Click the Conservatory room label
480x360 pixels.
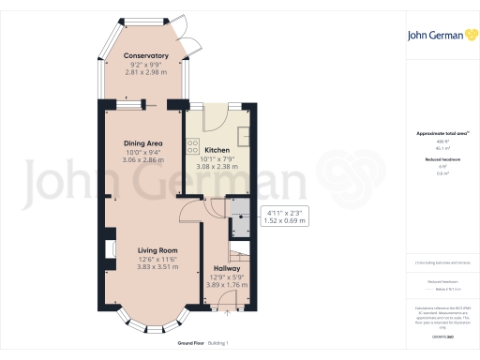[145, 55]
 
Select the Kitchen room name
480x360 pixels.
[217, 150]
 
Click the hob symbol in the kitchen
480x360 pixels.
[192, 147]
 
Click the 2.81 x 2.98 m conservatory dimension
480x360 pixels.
[145, 72]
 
